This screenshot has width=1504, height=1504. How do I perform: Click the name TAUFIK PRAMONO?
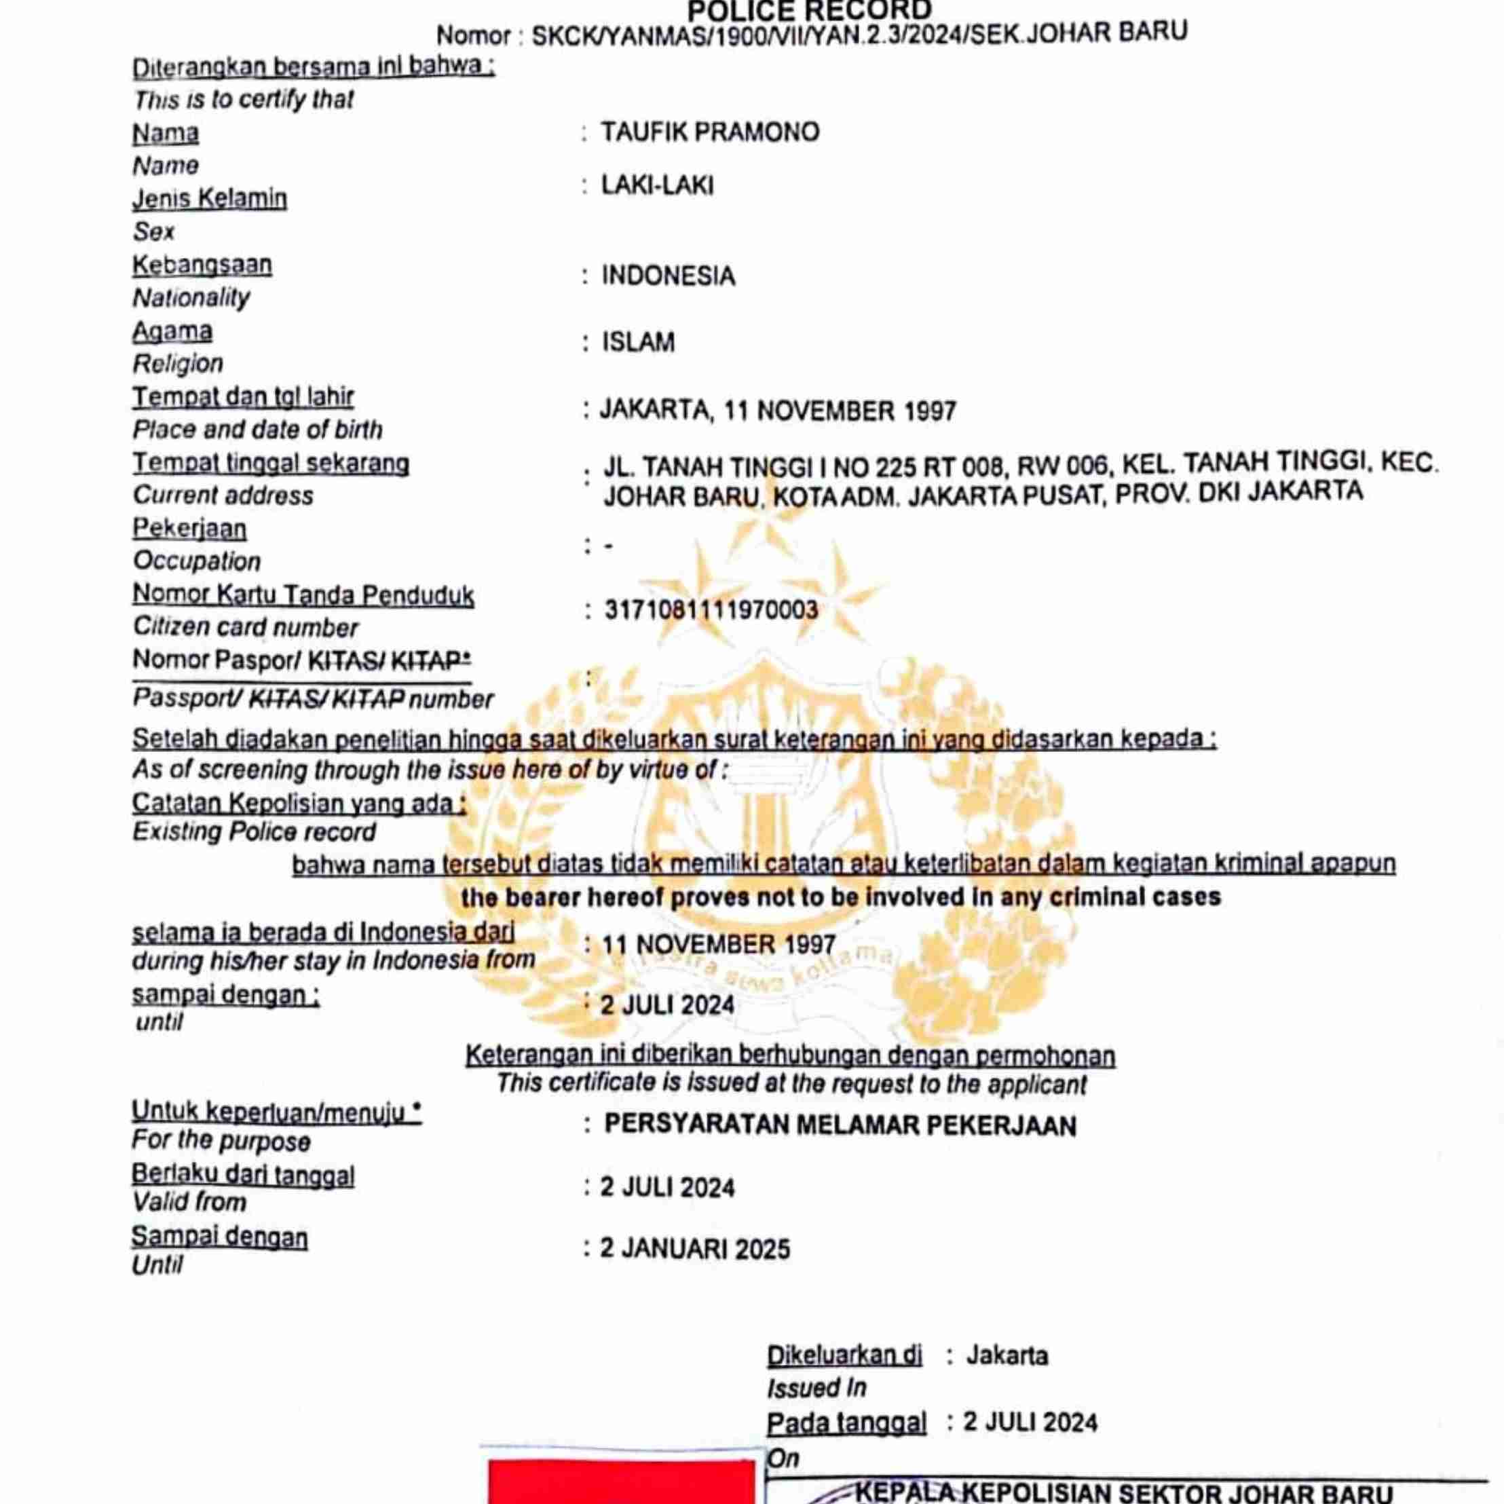709,132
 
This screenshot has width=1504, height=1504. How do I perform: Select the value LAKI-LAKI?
657,186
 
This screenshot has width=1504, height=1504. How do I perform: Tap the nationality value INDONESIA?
668,276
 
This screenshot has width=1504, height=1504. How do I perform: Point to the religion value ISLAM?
639,343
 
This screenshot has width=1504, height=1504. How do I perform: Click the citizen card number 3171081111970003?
711,609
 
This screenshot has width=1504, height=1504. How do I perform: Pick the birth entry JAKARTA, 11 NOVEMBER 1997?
778,410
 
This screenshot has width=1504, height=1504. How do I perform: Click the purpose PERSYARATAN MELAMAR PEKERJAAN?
840,1126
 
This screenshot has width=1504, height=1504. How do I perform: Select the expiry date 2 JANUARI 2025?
694,1249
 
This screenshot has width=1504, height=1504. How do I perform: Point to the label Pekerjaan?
189,529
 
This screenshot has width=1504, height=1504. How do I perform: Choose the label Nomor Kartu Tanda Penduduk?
303,595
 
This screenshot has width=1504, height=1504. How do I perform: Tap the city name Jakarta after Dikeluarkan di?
1007,1356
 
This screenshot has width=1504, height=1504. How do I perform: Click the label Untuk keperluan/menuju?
276,1112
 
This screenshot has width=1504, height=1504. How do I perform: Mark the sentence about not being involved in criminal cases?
841,897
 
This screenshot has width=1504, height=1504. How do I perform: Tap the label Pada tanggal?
846,1423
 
